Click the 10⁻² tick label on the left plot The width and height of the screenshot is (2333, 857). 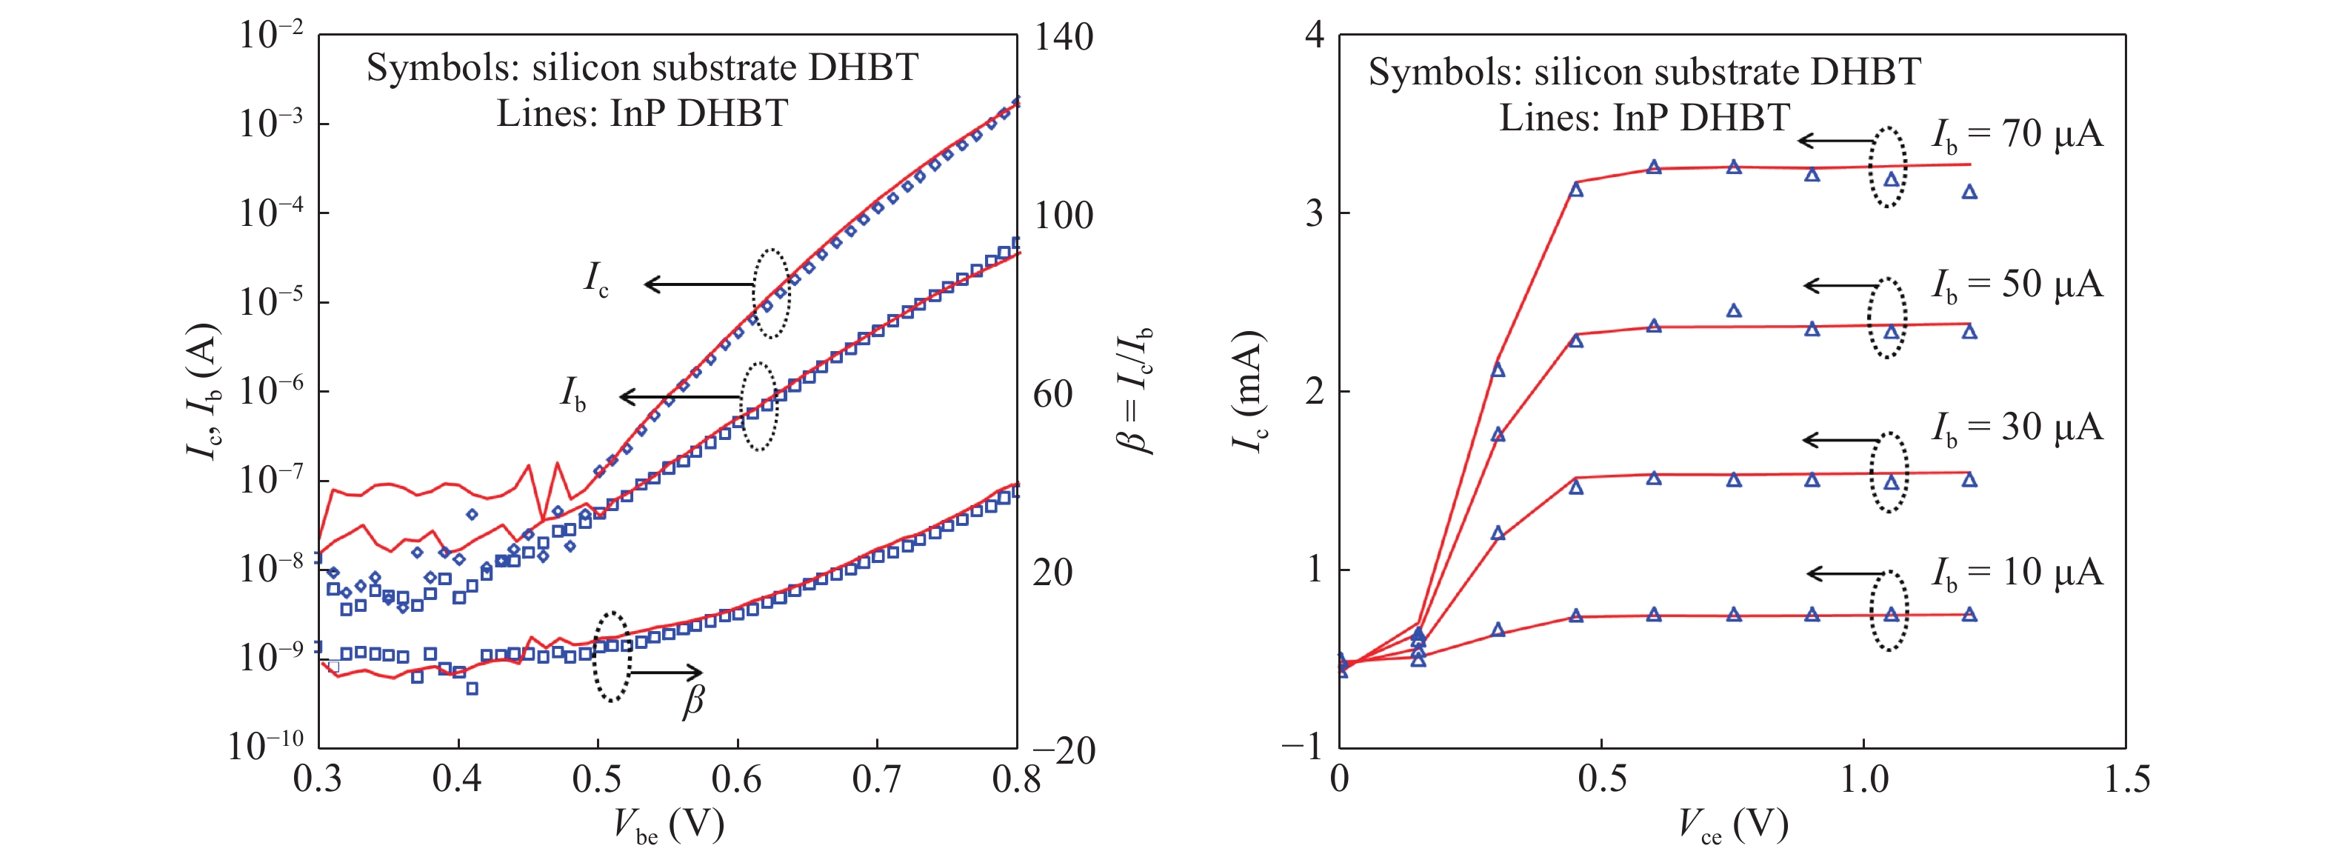coord(270,36)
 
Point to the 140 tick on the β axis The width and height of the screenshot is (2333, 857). coord(1064,38)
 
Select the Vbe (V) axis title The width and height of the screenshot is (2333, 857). coord(668,825)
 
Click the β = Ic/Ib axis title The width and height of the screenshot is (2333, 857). coord(1134,390)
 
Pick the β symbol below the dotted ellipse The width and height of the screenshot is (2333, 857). coord(692,702)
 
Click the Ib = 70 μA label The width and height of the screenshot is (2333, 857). coord(2016,136)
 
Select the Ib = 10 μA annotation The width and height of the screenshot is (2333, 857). coord(2016,573)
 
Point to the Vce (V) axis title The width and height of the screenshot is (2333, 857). coord(1732,825)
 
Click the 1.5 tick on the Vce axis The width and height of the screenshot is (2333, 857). coord(2125,780)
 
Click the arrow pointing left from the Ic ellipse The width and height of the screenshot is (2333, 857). coord(698,284)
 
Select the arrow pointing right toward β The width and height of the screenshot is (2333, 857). coord(667,672)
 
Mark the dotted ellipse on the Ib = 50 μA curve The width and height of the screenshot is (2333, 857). coord(1887,317)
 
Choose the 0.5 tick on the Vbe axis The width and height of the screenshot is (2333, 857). coord(598,780)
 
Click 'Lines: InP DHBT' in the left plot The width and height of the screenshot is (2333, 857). coord(642,114)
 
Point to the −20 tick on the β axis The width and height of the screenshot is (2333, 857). coord(1064,751)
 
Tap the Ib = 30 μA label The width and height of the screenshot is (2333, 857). coord(2016,428)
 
